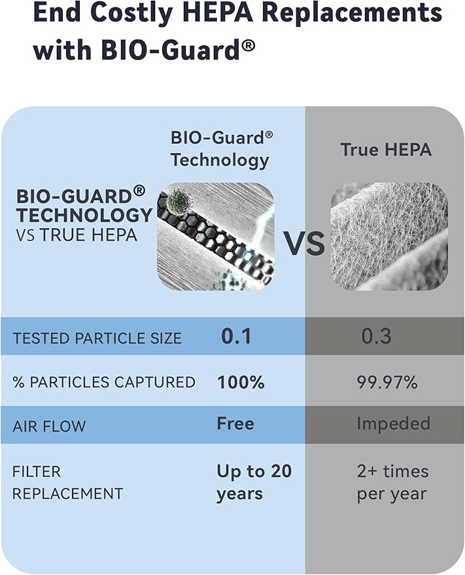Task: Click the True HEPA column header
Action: [386, 150]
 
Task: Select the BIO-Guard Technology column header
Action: [221, 148]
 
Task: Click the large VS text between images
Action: [304, 243]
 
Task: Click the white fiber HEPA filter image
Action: [389, 236]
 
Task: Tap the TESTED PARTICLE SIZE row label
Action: [97, 338]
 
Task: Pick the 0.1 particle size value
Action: [236, 336]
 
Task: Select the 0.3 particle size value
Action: [377, 336]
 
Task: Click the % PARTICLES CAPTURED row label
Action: [103, 382]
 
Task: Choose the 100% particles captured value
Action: [241, 382]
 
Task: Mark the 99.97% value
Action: [387, 382]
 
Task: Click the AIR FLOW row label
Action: [49, 426]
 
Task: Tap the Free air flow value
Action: [235, 424]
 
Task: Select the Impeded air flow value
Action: [393, 424]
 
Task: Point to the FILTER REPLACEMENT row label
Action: [67, 482]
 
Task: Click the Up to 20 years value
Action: [254, 482]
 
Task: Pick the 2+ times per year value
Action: [392, 482]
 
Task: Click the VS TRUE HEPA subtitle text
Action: [77, 235]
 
